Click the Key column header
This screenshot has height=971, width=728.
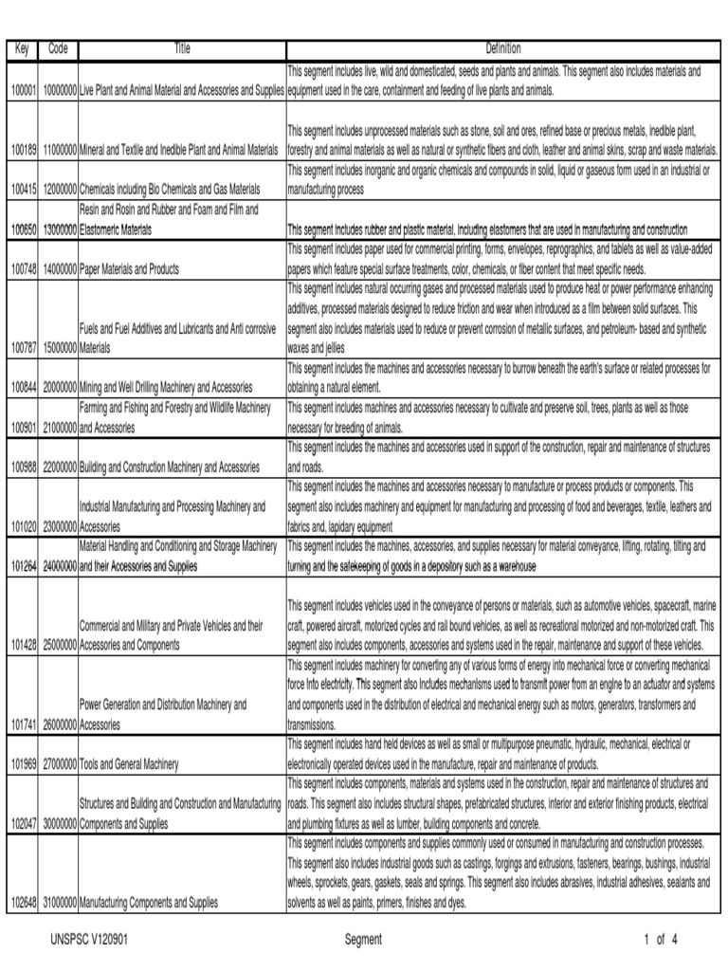22,49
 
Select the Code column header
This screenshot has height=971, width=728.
58,49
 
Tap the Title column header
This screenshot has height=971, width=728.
181,49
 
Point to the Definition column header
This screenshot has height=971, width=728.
503,49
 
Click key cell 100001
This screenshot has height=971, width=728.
23,91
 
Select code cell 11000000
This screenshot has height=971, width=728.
59,150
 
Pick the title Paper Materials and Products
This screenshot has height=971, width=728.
129,270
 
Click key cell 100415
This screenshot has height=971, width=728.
23,190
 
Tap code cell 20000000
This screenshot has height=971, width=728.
59,387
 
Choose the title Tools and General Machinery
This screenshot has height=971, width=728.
128,764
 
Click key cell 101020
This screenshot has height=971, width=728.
23,527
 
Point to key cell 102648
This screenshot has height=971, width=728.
23,903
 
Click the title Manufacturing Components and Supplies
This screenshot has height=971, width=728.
149,903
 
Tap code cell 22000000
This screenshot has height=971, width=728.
59,467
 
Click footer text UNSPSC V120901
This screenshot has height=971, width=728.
89,941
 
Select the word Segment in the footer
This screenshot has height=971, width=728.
364,941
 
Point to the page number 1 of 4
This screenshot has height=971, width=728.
660,941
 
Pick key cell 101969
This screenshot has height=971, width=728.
23,764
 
